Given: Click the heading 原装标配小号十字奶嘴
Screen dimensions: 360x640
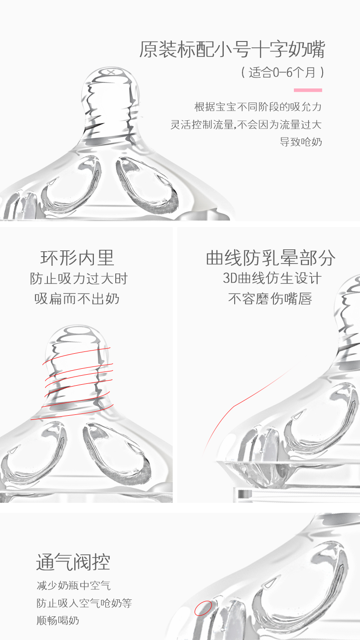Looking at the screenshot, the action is point(232,50).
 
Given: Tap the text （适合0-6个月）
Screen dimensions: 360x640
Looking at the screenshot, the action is point(283,72).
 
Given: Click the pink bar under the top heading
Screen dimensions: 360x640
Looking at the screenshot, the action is point(308,90).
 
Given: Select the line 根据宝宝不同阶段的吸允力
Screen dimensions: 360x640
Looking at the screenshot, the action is point(258,107).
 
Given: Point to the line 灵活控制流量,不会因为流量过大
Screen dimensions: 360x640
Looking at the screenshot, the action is point(246,124).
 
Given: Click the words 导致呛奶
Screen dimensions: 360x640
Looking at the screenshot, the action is point(301,142).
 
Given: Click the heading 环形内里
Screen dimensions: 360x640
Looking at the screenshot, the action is point(77,258).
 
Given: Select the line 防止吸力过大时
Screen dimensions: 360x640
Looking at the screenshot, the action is point(79,279).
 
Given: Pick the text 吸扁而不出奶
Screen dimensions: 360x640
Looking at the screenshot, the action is point(77,299).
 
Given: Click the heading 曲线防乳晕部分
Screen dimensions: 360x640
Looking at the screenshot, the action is point(271,258).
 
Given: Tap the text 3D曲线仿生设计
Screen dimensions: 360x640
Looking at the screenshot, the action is point(272,279).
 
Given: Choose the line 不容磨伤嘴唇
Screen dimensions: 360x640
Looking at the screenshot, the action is point(270,299).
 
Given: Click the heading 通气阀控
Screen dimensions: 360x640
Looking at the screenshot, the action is point(73,562).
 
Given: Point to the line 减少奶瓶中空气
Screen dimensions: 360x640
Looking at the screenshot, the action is point(74,586).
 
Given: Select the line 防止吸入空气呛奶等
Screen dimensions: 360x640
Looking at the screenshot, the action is point(84,603).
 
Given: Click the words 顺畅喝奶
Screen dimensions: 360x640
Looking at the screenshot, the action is point(58,620).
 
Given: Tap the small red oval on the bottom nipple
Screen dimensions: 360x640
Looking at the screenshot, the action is point(203,608).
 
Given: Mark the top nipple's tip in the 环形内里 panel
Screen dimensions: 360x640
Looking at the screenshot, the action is point(77,329).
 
